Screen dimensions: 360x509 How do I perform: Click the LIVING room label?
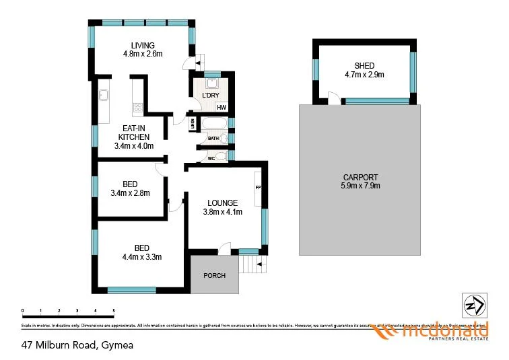(x=143, y=46)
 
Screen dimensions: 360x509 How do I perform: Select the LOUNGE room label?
(x=222, y=202)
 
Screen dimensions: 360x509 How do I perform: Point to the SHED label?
(x=364, y=65)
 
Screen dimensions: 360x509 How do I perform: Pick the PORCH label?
(x=214, y=276)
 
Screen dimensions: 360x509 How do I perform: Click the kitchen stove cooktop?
(x=138, y=107)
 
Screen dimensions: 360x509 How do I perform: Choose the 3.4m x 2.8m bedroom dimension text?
(x=130, y=193)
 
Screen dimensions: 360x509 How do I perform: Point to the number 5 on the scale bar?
(x=114, y=311)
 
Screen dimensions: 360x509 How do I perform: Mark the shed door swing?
(x=333, y=98)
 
